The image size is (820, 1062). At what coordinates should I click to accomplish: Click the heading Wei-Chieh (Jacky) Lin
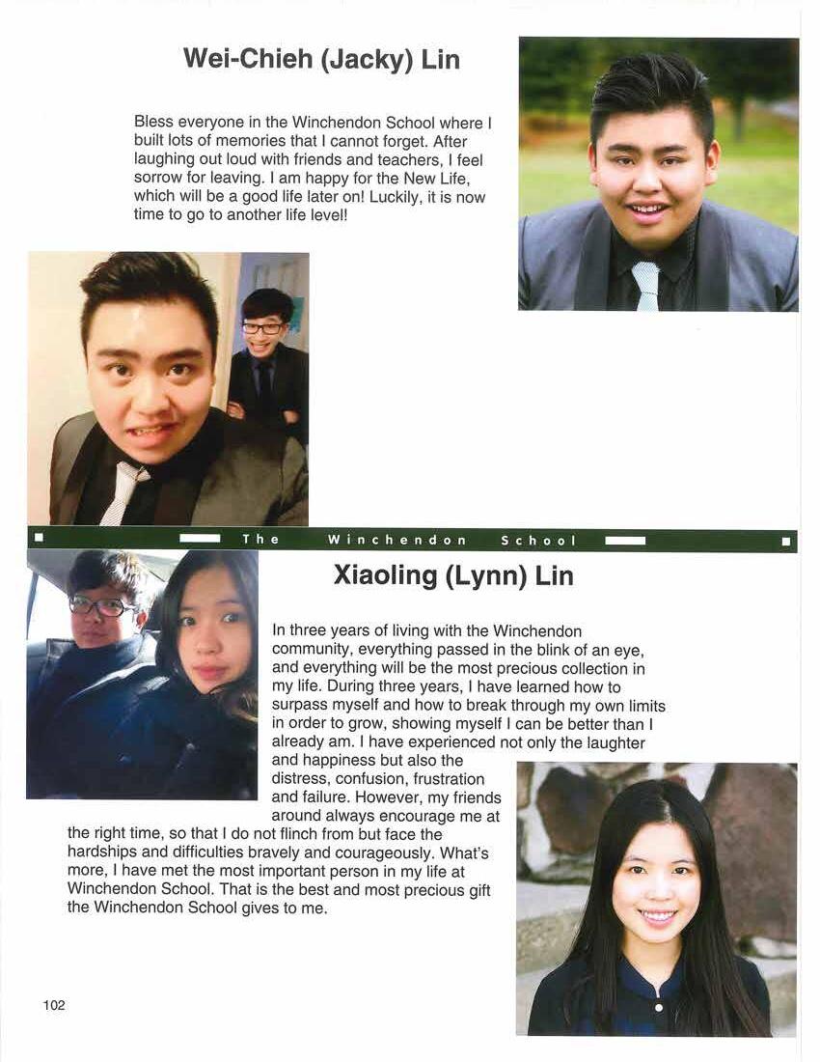tap(321, 60)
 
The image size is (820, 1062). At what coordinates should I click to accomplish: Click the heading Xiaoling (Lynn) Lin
tap(453, 576)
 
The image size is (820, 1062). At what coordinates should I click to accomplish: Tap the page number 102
tap(54, 1005)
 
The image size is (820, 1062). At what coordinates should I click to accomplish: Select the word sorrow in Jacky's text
tap(157, 179)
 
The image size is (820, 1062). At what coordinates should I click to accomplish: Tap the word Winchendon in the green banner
tap(397, 541)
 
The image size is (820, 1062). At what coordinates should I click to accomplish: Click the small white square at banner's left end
tap(40, 540)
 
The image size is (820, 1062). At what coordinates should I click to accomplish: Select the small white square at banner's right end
tap(786, 541)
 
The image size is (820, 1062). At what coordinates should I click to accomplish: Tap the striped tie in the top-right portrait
tap(645, 286)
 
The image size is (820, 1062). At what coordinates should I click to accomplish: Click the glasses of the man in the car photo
tap(103, 607)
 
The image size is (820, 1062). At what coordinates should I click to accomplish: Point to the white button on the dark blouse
tap(658, 1007)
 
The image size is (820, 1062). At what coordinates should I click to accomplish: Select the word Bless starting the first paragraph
tap(154, 124)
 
